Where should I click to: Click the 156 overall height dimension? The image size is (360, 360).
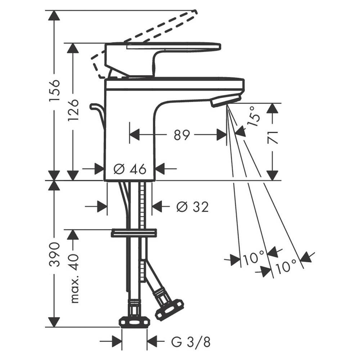(55, 90)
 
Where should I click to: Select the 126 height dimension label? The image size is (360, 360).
(74, 110)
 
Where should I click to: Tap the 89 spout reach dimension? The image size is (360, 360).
(181, 135)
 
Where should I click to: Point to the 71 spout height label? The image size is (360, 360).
(273, 138)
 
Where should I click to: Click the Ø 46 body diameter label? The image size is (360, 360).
(130, 170)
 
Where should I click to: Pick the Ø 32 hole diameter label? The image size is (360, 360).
(192, 207)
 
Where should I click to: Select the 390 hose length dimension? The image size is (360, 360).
(55, 254)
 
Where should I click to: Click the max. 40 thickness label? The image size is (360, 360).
(74, 278)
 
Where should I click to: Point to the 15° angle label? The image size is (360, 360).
(254, 117)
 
